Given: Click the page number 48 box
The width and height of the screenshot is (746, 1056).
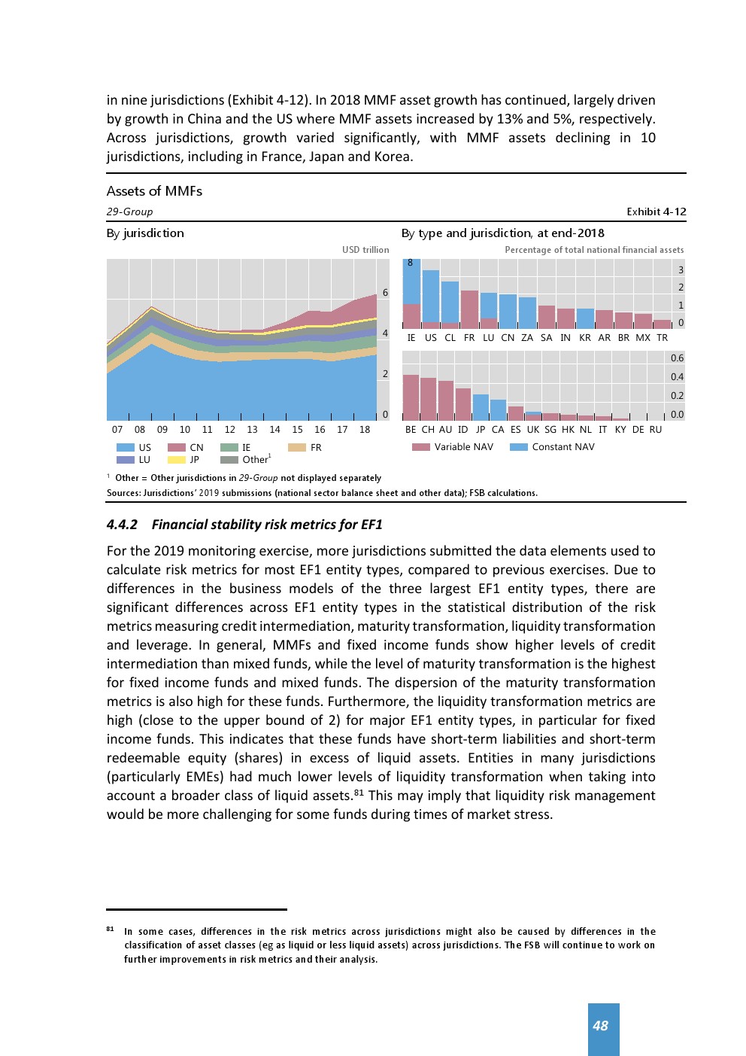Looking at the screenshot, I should (603, 1027).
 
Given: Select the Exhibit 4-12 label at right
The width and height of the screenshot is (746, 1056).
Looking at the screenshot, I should (656, 212).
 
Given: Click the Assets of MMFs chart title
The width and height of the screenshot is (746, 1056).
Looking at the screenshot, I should (154, 191).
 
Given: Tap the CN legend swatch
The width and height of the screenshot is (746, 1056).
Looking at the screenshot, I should (177, 448).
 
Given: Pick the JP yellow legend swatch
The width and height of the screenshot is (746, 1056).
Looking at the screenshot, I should (177, 460).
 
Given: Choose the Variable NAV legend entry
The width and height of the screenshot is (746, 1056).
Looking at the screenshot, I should (453, 447).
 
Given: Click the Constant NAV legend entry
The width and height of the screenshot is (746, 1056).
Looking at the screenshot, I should (553, 447).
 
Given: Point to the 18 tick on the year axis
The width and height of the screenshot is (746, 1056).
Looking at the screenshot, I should (365, 430).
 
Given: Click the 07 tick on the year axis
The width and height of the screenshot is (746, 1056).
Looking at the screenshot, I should (117, 430).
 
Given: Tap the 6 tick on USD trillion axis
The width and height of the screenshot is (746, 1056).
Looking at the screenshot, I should (385, 293).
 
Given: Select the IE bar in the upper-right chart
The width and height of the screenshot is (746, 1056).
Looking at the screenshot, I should (411, 294).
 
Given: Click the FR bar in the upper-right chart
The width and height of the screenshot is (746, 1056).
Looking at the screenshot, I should (469, 309).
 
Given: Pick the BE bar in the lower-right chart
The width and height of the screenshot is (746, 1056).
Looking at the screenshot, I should (411, 397).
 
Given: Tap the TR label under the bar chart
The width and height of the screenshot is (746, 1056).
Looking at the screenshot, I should (662, 338).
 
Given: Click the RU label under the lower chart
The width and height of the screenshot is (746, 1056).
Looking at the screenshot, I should (656, 430).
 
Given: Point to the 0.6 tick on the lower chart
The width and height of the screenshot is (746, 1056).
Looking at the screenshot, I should (677, 358).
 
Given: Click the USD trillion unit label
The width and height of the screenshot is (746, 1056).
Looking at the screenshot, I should (365, 250).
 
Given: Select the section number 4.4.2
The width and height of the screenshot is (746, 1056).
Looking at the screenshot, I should (122, 525).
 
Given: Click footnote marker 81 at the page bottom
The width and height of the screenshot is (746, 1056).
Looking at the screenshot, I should (110, 930).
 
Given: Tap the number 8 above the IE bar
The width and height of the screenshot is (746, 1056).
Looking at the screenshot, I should (410, 263).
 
